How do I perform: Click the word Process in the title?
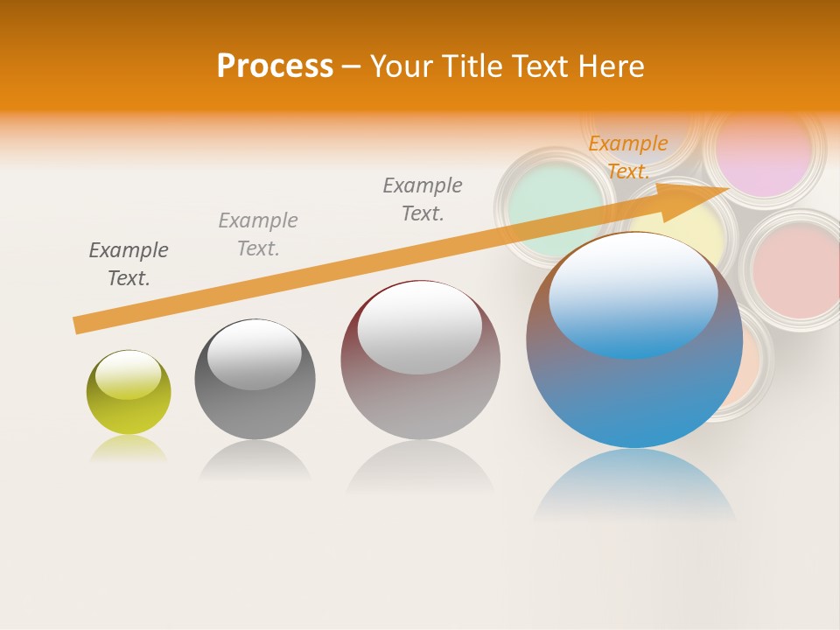pos(275,66)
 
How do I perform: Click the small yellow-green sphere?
pos(129,392)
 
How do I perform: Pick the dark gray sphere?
pos(255,379)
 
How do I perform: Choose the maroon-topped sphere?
pos(420,360)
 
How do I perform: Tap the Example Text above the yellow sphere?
pos(129,264)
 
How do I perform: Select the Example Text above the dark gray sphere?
pos(258,234)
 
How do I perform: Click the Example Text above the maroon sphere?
pos(423,199)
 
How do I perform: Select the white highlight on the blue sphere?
pos(633,293)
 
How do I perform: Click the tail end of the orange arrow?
pos(79,325)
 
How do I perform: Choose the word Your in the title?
pos(401,66)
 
